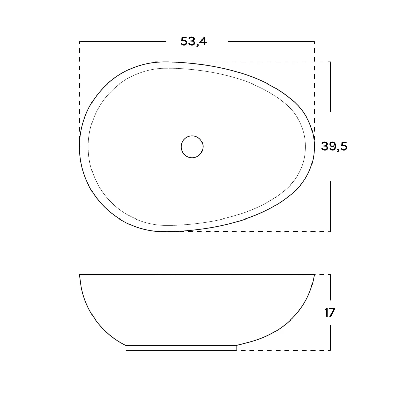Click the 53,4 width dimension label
(193, 41)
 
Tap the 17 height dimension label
(330, 312)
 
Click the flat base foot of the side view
(181, 348)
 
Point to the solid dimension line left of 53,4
(123, 42)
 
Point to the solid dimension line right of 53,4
(271, 42)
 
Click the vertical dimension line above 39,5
(331, 87)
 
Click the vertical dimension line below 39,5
(331, 206)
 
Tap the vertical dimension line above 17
(331, 287)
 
